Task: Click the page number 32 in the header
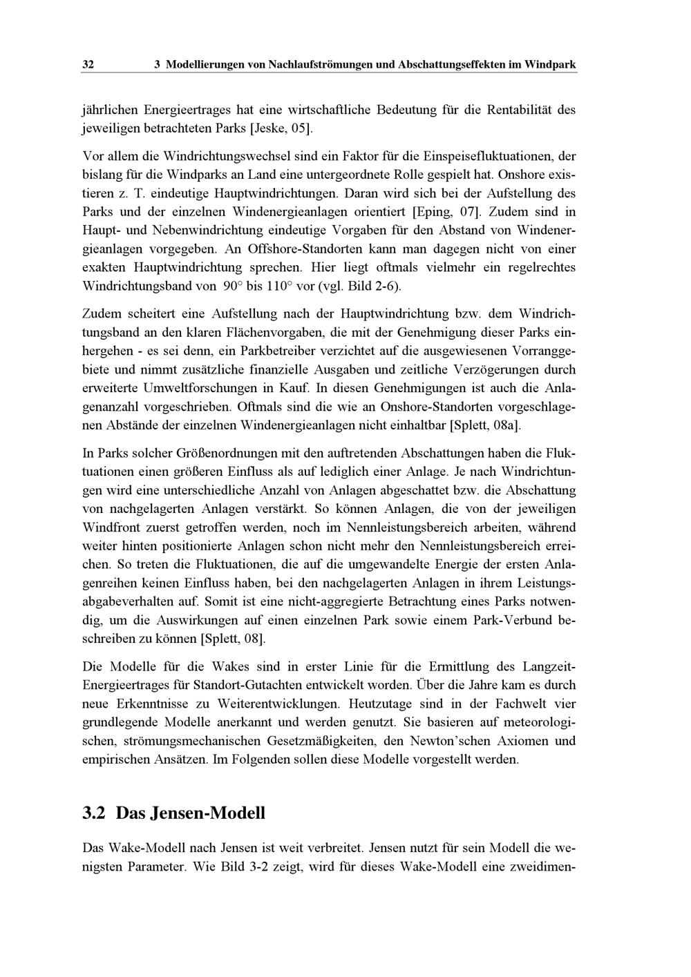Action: [x=88, y=65]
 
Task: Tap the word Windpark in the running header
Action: [x=550, y=65]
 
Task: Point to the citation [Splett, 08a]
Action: [x=485, y=425]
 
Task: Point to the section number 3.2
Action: [x=94, y=813]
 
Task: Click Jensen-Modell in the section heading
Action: [x=190, y=813]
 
